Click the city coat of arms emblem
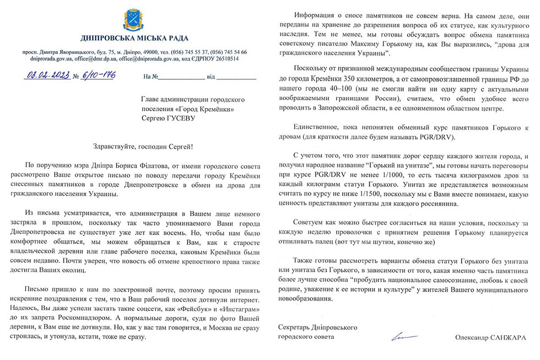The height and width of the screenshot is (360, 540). (134, 18)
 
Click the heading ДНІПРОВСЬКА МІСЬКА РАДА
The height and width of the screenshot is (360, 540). (135, 38)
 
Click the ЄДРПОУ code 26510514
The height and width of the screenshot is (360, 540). (224, 58)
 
